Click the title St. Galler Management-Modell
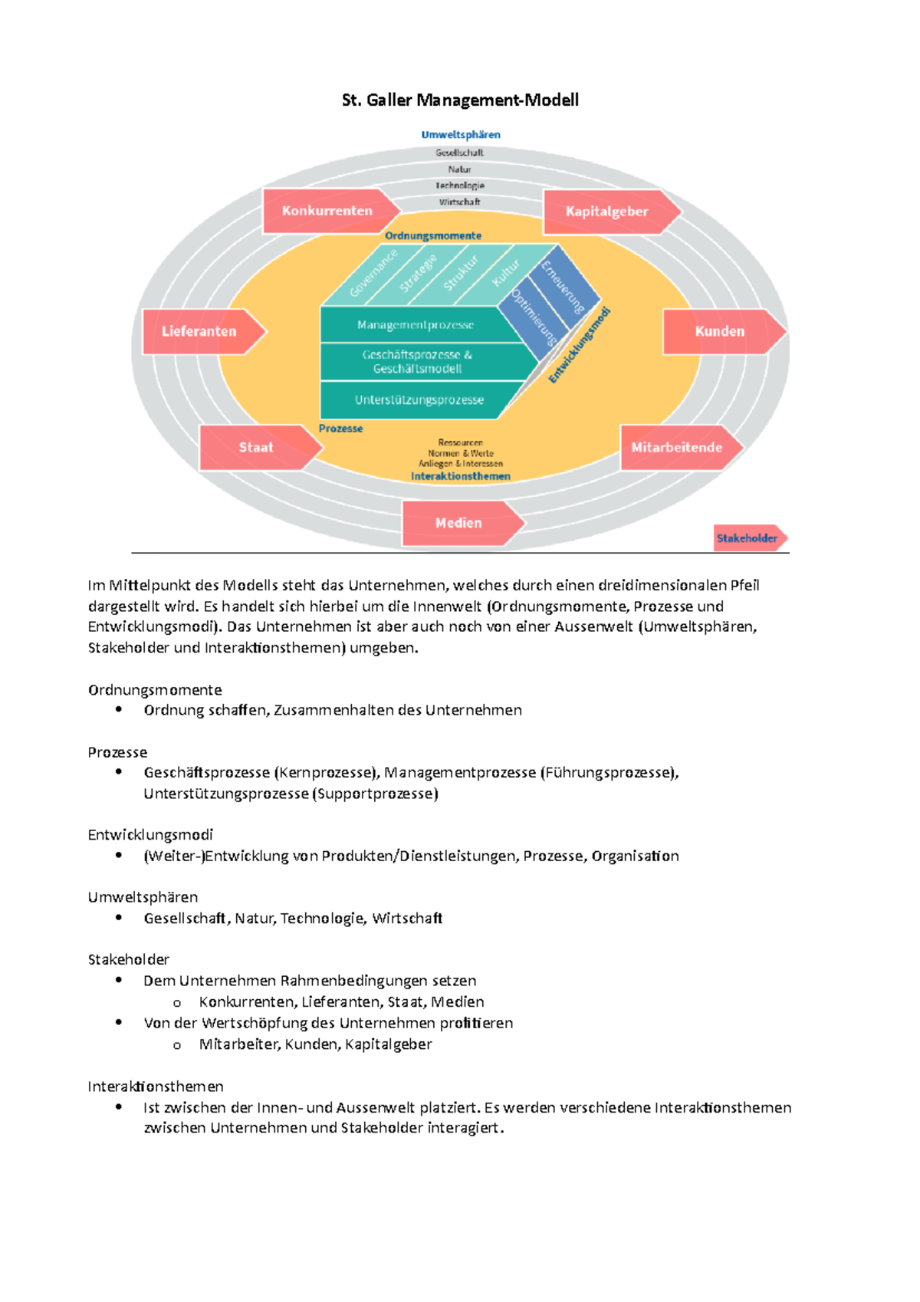(x=460, y=100)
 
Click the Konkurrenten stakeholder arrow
(x=328, y=211)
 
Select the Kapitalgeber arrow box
(x=608, y=212)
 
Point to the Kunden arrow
(x=721, y=331)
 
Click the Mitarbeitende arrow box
(x=678, y=447)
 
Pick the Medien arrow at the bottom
(x=460, y=523)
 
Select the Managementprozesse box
(x=416, y=325)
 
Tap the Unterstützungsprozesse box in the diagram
(x=419, y=399)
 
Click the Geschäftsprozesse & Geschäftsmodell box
(x=417, y=362)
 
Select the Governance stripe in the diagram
(x=373, y=274)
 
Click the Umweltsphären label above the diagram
(x=461, y=135)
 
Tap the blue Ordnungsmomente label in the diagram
(x=433, y=236)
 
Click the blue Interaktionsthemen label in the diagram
(x=461, y=476)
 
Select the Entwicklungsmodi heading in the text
(x=150, y=834)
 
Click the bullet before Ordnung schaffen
(x=119, y=709)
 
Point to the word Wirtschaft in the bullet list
(x=407, y=919)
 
